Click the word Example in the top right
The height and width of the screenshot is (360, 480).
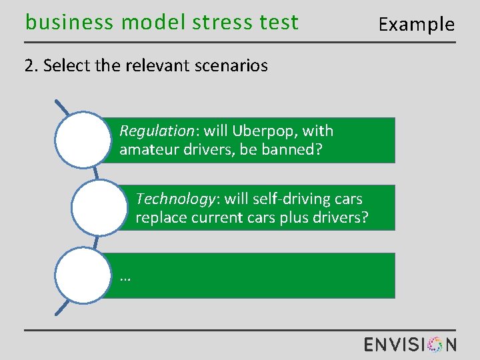416,25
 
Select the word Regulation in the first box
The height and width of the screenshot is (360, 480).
151,131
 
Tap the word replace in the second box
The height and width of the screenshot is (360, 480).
160,217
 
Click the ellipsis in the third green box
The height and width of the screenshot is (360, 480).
125,277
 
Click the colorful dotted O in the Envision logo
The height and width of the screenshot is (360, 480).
434,344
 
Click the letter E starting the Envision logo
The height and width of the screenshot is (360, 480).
370,344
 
